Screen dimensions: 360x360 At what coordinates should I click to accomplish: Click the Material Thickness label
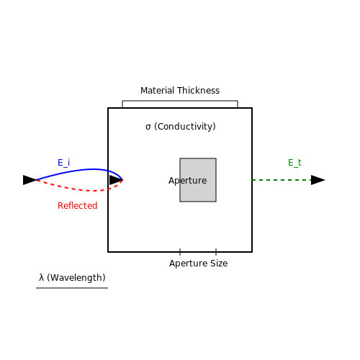pos(180,91)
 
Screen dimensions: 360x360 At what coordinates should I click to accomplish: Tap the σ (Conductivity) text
pos(181,127)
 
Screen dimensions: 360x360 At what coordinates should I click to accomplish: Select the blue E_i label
pos(64,163)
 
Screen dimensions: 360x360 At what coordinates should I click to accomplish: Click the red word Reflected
pos(78,206)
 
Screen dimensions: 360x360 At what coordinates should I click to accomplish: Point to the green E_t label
pos(294,163)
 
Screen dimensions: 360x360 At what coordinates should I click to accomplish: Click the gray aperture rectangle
pos(198,180)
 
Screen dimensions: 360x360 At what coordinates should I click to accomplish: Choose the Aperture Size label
pos(198,264)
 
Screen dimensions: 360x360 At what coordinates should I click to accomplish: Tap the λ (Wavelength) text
pos(72,278)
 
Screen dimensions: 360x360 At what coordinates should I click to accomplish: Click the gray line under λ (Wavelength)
pos(72,288)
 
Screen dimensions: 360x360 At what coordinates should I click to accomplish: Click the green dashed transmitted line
pos(282,180)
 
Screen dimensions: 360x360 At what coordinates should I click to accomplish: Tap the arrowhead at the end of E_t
pos(318,180)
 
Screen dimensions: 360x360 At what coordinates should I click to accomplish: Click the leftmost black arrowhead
pos(30,180)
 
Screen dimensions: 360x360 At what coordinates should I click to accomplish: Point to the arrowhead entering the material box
pos(116,180)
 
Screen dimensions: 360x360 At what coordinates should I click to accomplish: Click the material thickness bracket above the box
pos(180,101)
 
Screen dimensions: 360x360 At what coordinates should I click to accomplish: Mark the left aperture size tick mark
pos(180,252)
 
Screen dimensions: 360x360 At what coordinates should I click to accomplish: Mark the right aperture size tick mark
pos(216,252)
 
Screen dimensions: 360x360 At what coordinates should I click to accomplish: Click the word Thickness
pos(198,91)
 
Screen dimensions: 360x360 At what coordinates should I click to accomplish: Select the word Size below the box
pos(219,264)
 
